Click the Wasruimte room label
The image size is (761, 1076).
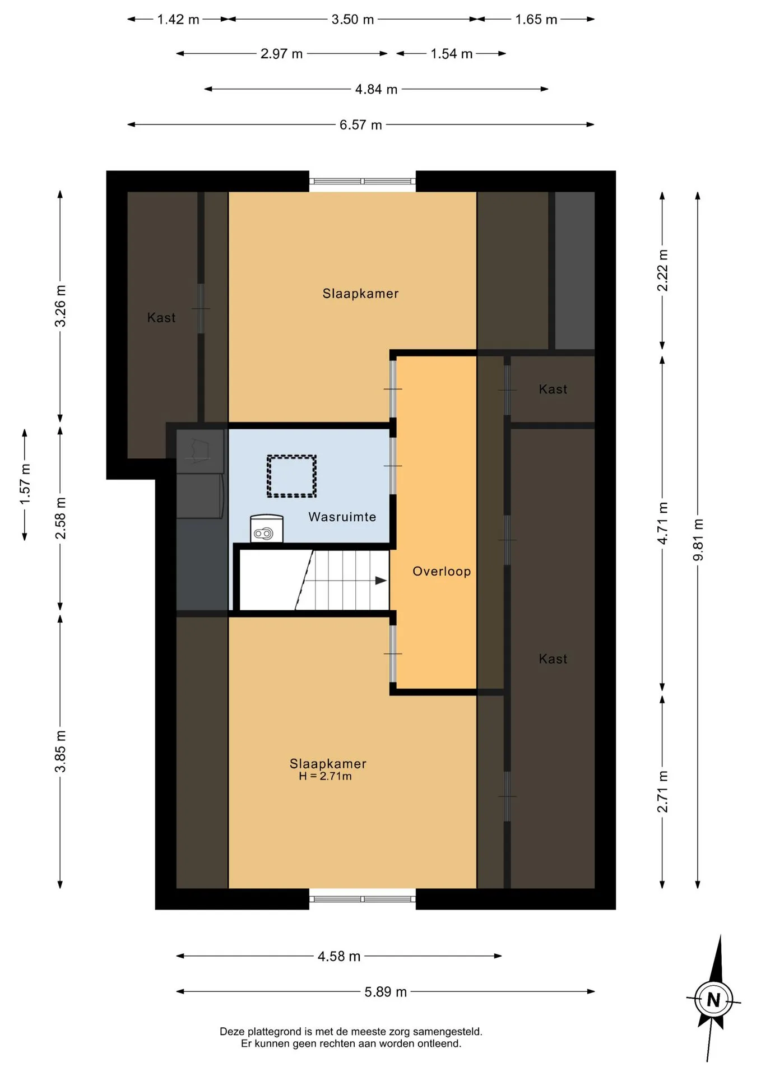click(342, 517)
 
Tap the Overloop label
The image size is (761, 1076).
click(442, 571)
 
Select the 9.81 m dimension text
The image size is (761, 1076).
click(698, 540)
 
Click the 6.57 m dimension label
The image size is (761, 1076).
click(360, 124)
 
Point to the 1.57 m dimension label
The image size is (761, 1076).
click(25, 484)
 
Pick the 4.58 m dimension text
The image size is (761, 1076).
click(338, 956)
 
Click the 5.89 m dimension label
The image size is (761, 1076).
click(386, 991)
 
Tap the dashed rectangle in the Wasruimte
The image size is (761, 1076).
click(291, 476)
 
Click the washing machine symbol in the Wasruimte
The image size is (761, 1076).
click(266, 528)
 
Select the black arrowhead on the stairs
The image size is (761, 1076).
click(381, 581)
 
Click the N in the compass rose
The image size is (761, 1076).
click(713, 999)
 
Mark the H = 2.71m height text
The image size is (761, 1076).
click(325, 776)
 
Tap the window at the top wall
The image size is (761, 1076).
click(363, 181)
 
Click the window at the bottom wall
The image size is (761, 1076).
click(363, 899)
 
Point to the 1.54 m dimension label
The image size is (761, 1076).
click(451, 54)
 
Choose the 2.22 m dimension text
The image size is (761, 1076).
click(662, 271)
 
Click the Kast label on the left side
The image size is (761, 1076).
click(161, 318)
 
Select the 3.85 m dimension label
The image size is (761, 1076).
click(60, 752)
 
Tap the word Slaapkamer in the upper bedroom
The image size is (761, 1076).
click(360, 293)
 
